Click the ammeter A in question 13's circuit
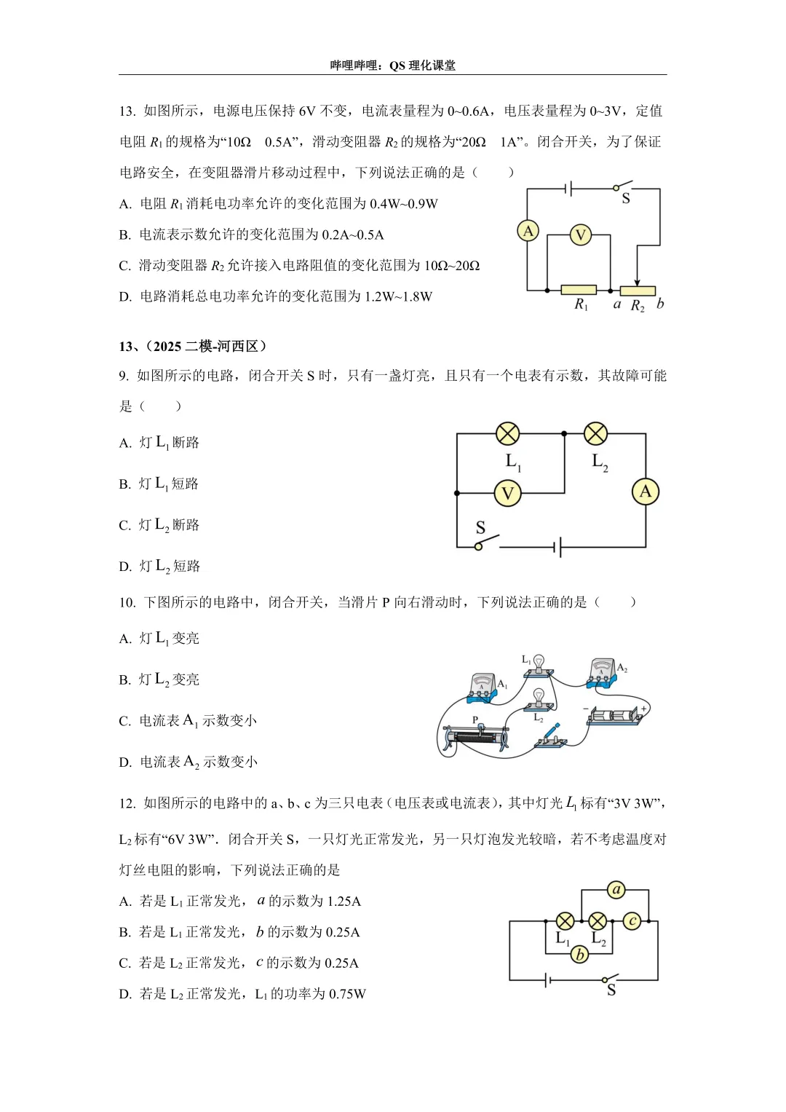pos(528,231)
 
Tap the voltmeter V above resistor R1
pos(580,235)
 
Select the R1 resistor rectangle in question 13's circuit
pos(579,290)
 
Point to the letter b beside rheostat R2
pos(660,304)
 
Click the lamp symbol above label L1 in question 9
pos(507,434)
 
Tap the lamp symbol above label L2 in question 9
pos(595,434)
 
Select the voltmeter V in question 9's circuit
pos(507,494)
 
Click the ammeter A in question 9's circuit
pos(645,492)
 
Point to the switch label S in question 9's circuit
pos(480,527)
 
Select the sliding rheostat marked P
pos(477,736)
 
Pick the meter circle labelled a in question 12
pos(616,889)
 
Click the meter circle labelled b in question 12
pos(580,954)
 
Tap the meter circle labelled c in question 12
pos(632,921)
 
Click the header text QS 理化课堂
pos(422,66)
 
